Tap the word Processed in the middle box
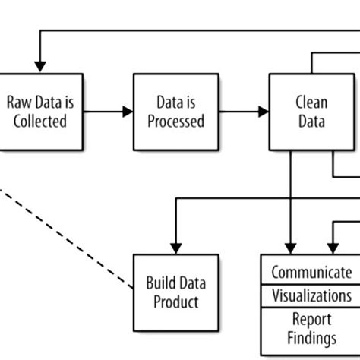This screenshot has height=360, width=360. coord(176,121)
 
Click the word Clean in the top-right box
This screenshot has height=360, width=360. coord(311,102)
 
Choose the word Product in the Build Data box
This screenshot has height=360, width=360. coord(176,302)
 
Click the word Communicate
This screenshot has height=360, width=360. coord(311,273)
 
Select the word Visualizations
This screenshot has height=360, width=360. coord(311,295)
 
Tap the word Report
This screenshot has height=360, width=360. coord(311,319)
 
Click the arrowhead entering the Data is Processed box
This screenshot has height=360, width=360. coord(127,112)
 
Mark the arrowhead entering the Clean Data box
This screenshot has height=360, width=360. coord(264,112)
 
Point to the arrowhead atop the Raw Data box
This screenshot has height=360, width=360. coord(39,68)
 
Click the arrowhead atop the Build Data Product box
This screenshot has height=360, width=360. coord(176,248)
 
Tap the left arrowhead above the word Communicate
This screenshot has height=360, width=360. coord(289,248)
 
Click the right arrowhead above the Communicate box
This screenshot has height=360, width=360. coord(331,248)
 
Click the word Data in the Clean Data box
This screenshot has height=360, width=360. coord(311,121)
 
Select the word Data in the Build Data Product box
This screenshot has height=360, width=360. coord(194,283)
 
